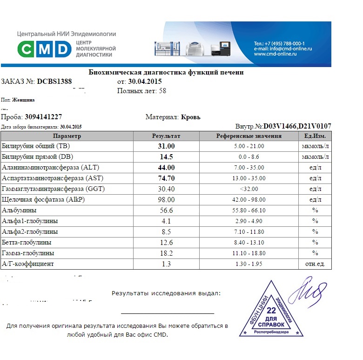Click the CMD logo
44,49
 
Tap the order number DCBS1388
54,82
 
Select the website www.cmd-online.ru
276,54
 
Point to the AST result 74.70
166,178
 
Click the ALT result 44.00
166,167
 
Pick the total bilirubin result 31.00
166,146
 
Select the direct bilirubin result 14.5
166,156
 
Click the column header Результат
166,136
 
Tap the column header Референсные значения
249,136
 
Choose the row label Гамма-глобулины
28,253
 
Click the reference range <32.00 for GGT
249,189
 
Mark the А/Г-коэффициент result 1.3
166,264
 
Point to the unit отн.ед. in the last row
315,264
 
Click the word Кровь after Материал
190,117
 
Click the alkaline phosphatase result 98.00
166,199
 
